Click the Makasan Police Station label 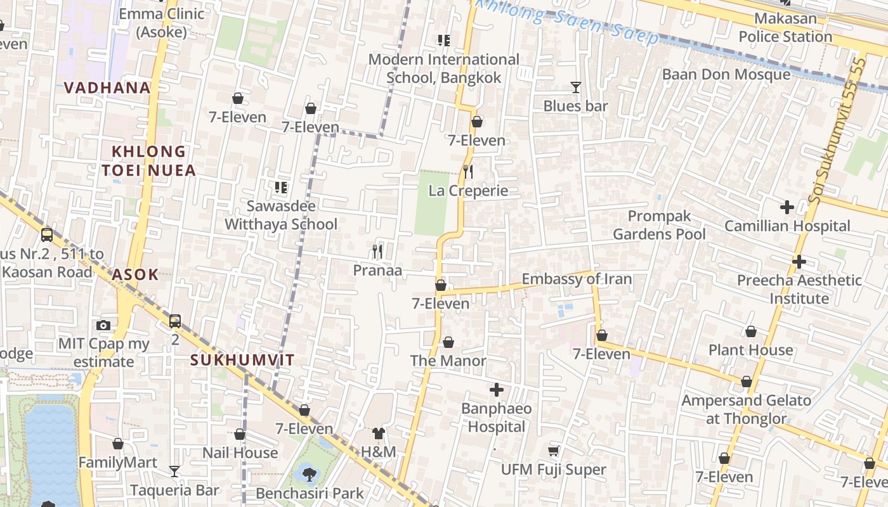[785, 27]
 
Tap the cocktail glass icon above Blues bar [575, 87]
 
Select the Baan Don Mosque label [726, 74]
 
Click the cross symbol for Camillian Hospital [787, 207]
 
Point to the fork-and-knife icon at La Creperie [468, 172]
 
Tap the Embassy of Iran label [577, 279]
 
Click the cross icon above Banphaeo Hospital [497, 390]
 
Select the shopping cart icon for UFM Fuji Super [554, 451]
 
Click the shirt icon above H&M [378, 433]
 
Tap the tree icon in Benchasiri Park [310, 473]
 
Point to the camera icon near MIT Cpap [103, 325]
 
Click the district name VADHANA [107, 87]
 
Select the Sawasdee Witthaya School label [281, 215]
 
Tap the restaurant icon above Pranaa [377, 252]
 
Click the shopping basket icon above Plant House [750, 331]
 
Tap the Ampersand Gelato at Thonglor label [746, 409]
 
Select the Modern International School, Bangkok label [443, 68]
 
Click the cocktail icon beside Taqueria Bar [174, 472]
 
